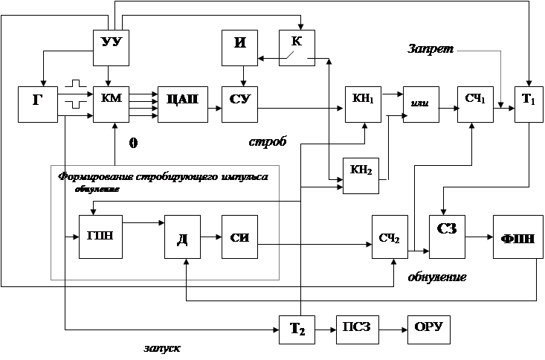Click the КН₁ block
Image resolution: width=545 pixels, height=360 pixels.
click(363, 102)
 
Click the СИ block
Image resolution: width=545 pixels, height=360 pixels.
click(239, 238)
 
